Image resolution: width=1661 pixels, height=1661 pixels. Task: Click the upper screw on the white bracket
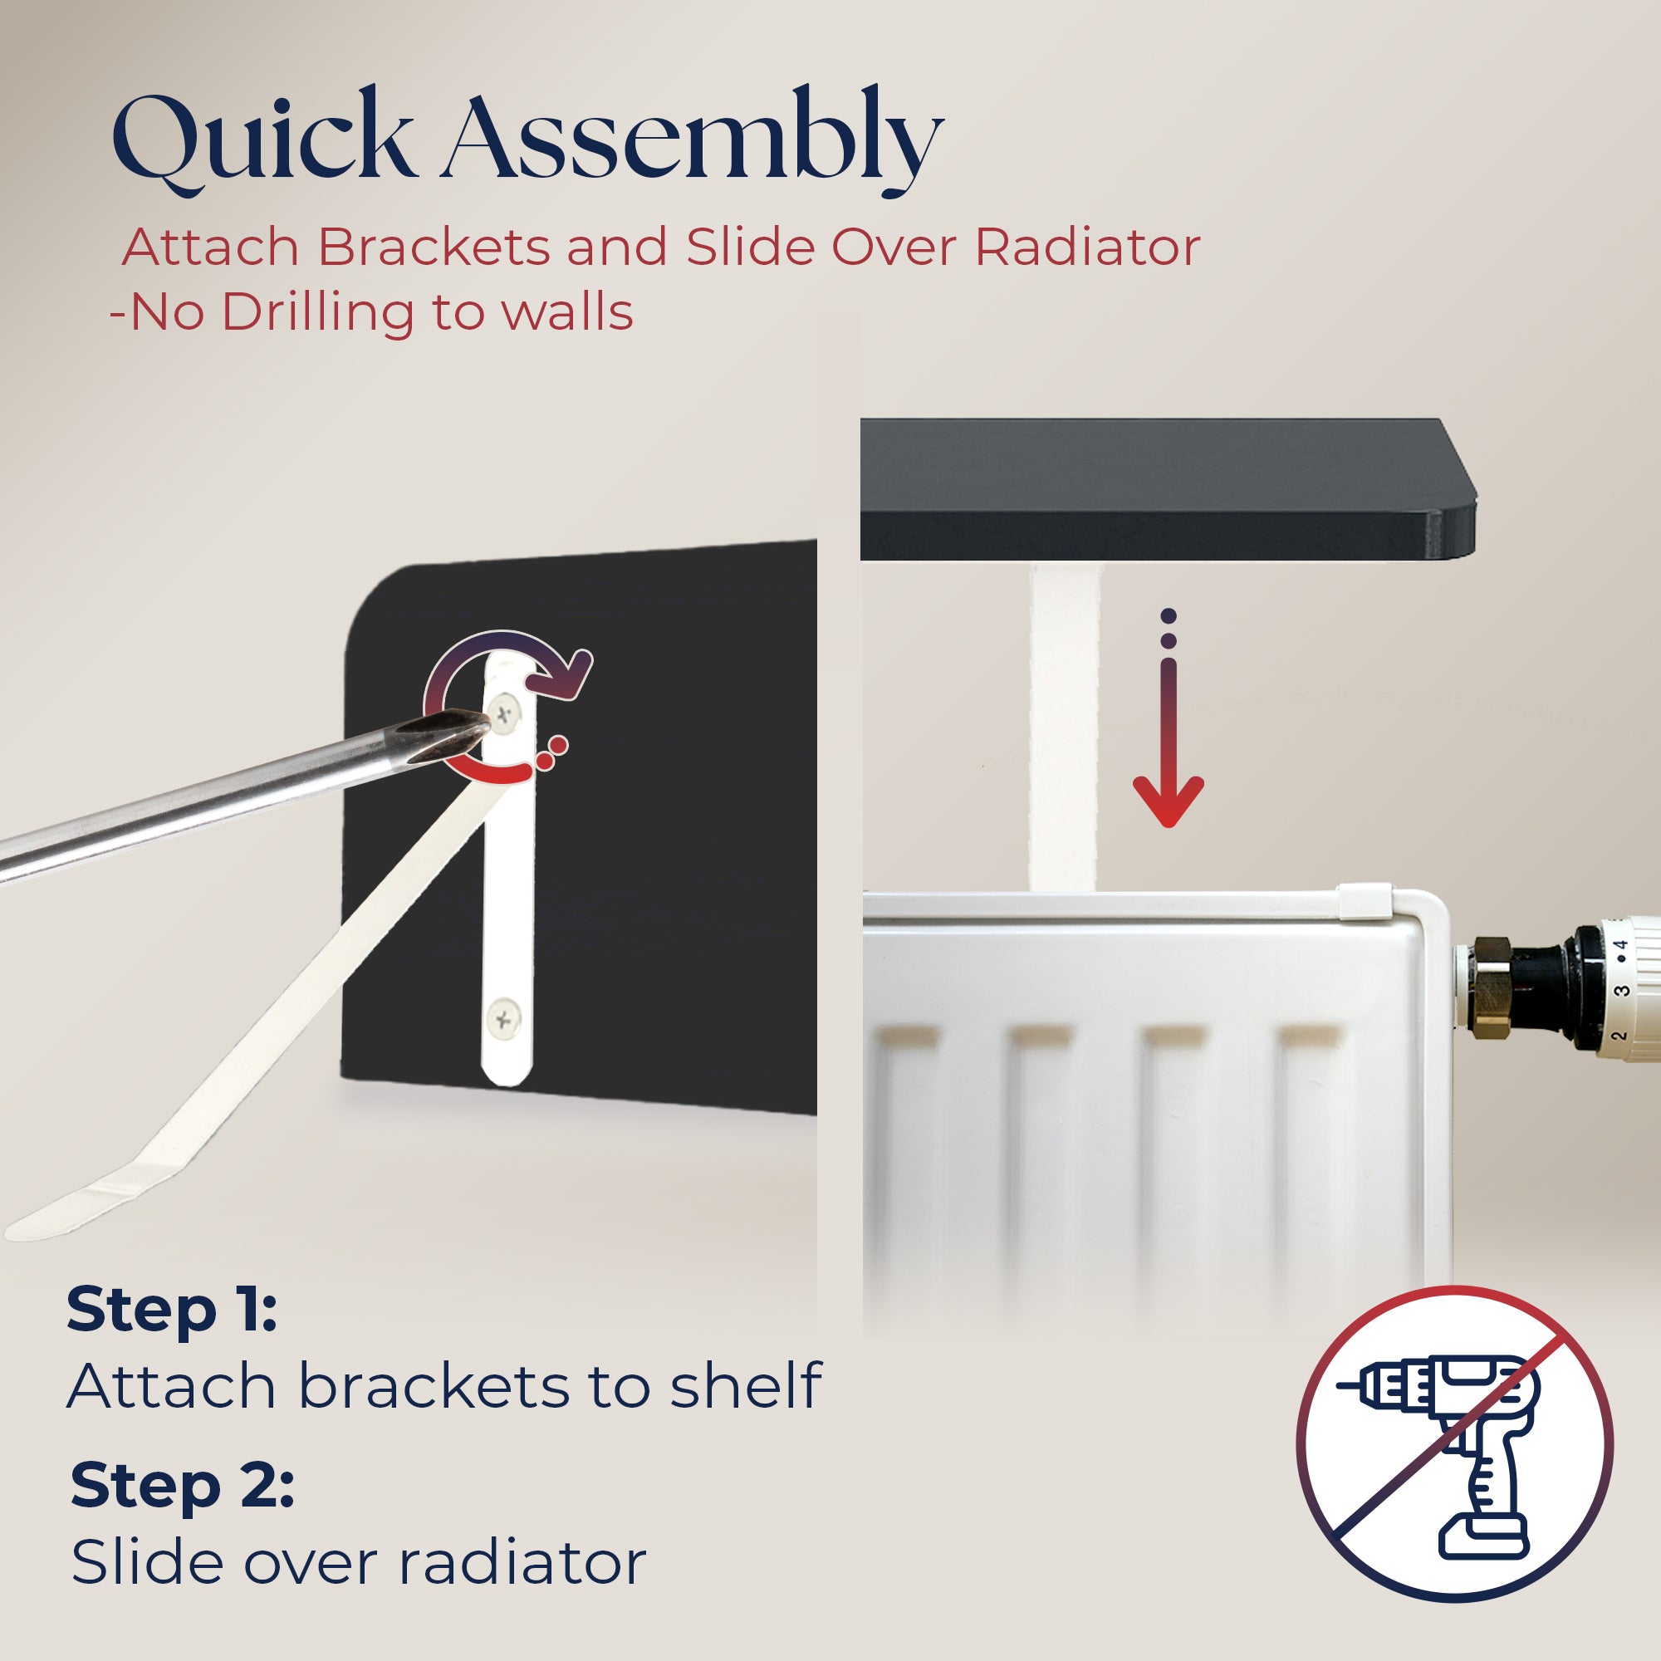pyautogui.click(x=506, y=713)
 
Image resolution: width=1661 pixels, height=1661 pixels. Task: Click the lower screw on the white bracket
pyautogui.click(x=503, y=1020)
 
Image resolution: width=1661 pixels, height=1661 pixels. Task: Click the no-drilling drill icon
pyautogui.click(x=1455, y=1443)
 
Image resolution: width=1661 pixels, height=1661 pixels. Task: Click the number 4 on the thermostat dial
pyautogui.click(x=1620, y=947)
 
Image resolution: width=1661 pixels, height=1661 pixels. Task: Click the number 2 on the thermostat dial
pyautogui.click(x=1618, y=1036)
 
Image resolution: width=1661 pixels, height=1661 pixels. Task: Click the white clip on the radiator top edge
pyautogui.click(x=1364, y=902)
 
